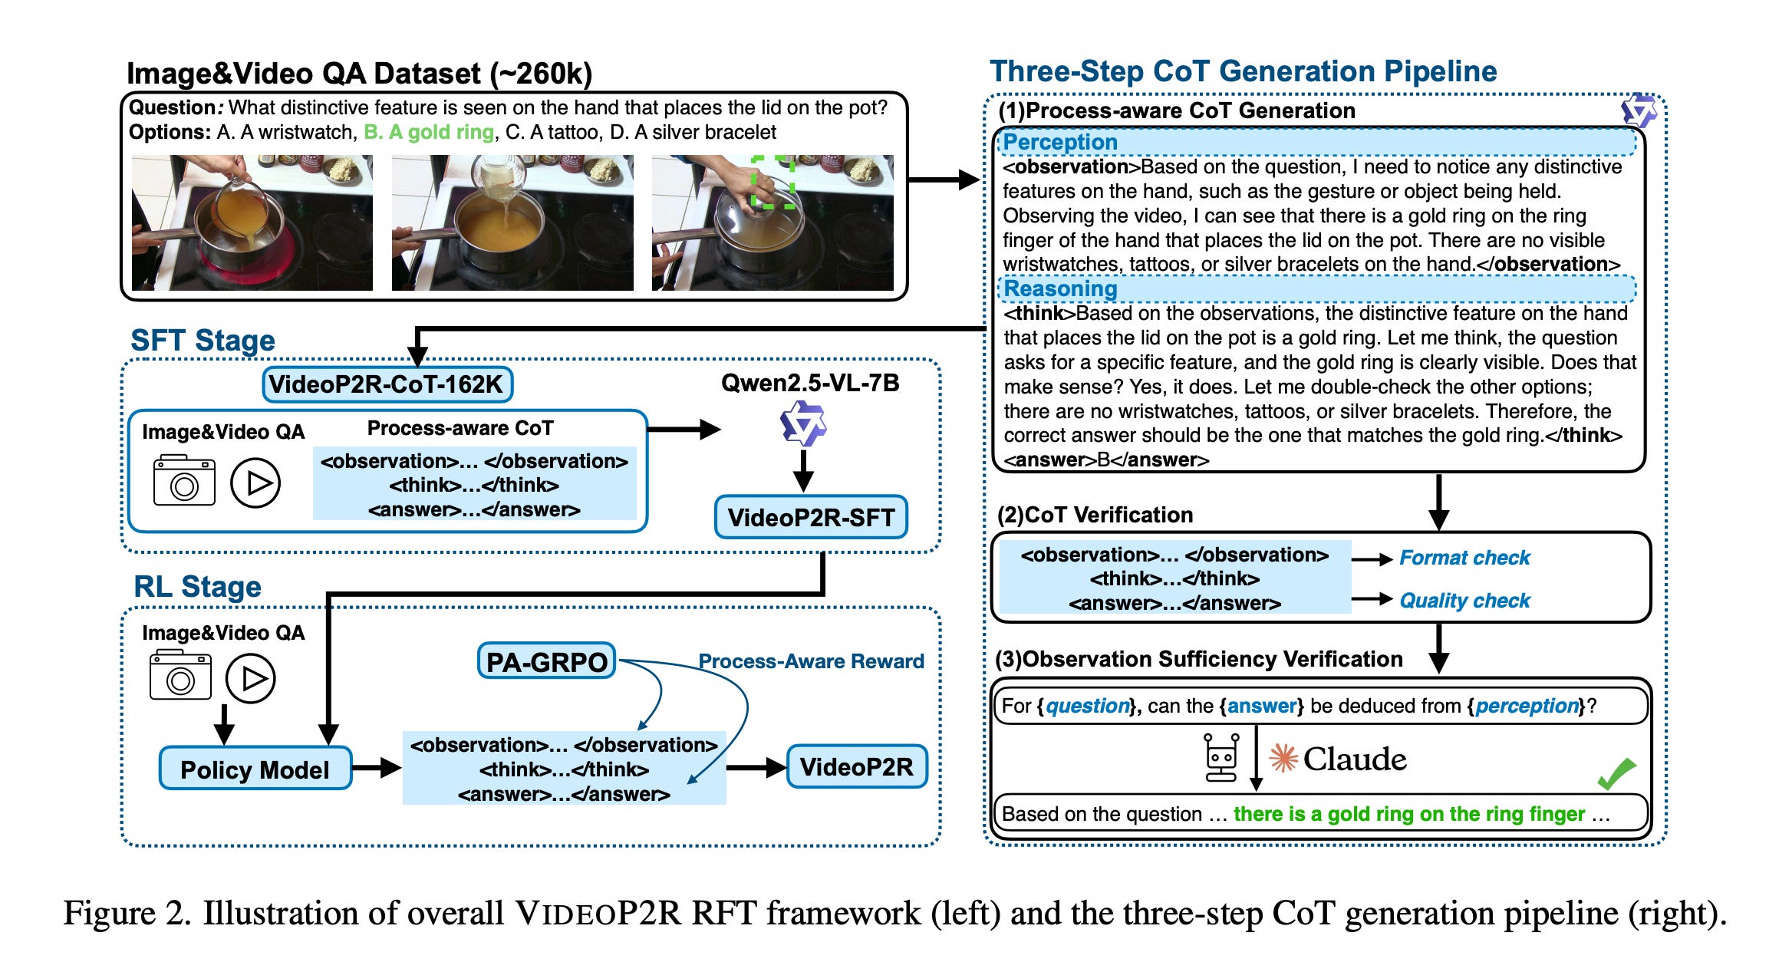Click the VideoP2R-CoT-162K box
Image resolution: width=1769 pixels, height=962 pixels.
(387, 384)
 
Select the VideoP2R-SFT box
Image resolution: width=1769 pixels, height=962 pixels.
(811, 518)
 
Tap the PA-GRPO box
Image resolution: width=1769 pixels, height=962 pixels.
(546, 661)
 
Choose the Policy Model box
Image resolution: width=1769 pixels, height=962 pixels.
(255, 769)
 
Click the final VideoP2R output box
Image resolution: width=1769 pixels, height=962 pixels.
(857, 766)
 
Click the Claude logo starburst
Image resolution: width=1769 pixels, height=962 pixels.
(1283, 759)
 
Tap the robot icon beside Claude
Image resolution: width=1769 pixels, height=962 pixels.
(1221, 757)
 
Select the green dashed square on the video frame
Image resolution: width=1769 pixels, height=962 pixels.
(772, 182)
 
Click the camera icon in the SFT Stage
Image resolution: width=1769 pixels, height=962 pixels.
(184, 482)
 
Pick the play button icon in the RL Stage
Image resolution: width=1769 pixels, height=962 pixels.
(250, 679)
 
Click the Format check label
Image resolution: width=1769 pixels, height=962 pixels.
(1464, 558)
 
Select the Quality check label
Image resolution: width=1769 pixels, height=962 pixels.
(1464, 601)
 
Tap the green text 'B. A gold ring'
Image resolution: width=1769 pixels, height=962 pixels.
(429, 133)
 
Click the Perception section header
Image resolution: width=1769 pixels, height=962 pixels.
(1060, 143)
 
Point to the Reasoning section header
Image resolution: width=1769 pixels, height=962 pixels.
(1060, 289)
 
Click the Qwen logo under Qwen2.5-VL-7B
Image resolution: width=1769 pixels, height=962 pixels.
(802, 423)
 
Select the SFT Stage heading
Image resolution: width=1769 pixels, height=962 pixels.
(203, 341)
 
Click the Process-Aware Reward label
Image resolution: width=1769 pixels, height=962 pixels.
(811, 661)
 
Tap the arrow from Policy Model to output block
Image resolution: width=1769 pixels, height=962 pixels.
(376, 767)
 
